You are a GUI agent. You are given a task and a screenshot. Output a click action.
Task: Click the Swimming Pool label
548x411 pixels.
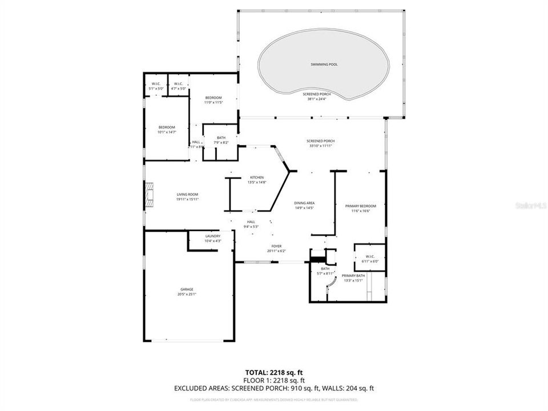pyautogui.click(x=324, y=65)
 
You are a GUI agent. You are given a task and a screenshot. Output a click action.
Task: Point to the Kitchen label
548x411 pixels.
pyautogui.click(x=255, y=178)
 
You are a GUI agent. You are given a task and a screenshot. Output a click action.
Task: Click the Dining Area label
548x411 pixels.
pyautogui.click(x=304, y=203)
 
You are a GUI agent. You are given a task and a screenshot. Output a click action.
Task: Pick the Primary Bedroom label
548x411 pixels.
pyautogui.click(x=361, y=205)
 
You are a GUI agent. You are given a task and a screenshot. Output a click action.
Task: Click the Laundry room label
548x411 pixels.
pyautogui.click(x=213, y=236)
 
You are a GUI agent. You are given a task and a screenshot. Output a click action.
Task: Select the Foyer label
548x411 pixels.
pyautogui.click(x=276, y=247)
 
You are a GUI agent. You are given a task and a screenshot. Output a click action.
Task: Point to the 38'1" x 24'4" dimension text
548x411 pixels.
pyautogui.click(x=316, y=99)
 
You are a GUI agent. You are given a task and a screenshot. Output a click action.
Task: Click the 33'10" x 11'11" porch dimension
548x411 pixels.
pyautogui.click(x=320, y=146)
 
